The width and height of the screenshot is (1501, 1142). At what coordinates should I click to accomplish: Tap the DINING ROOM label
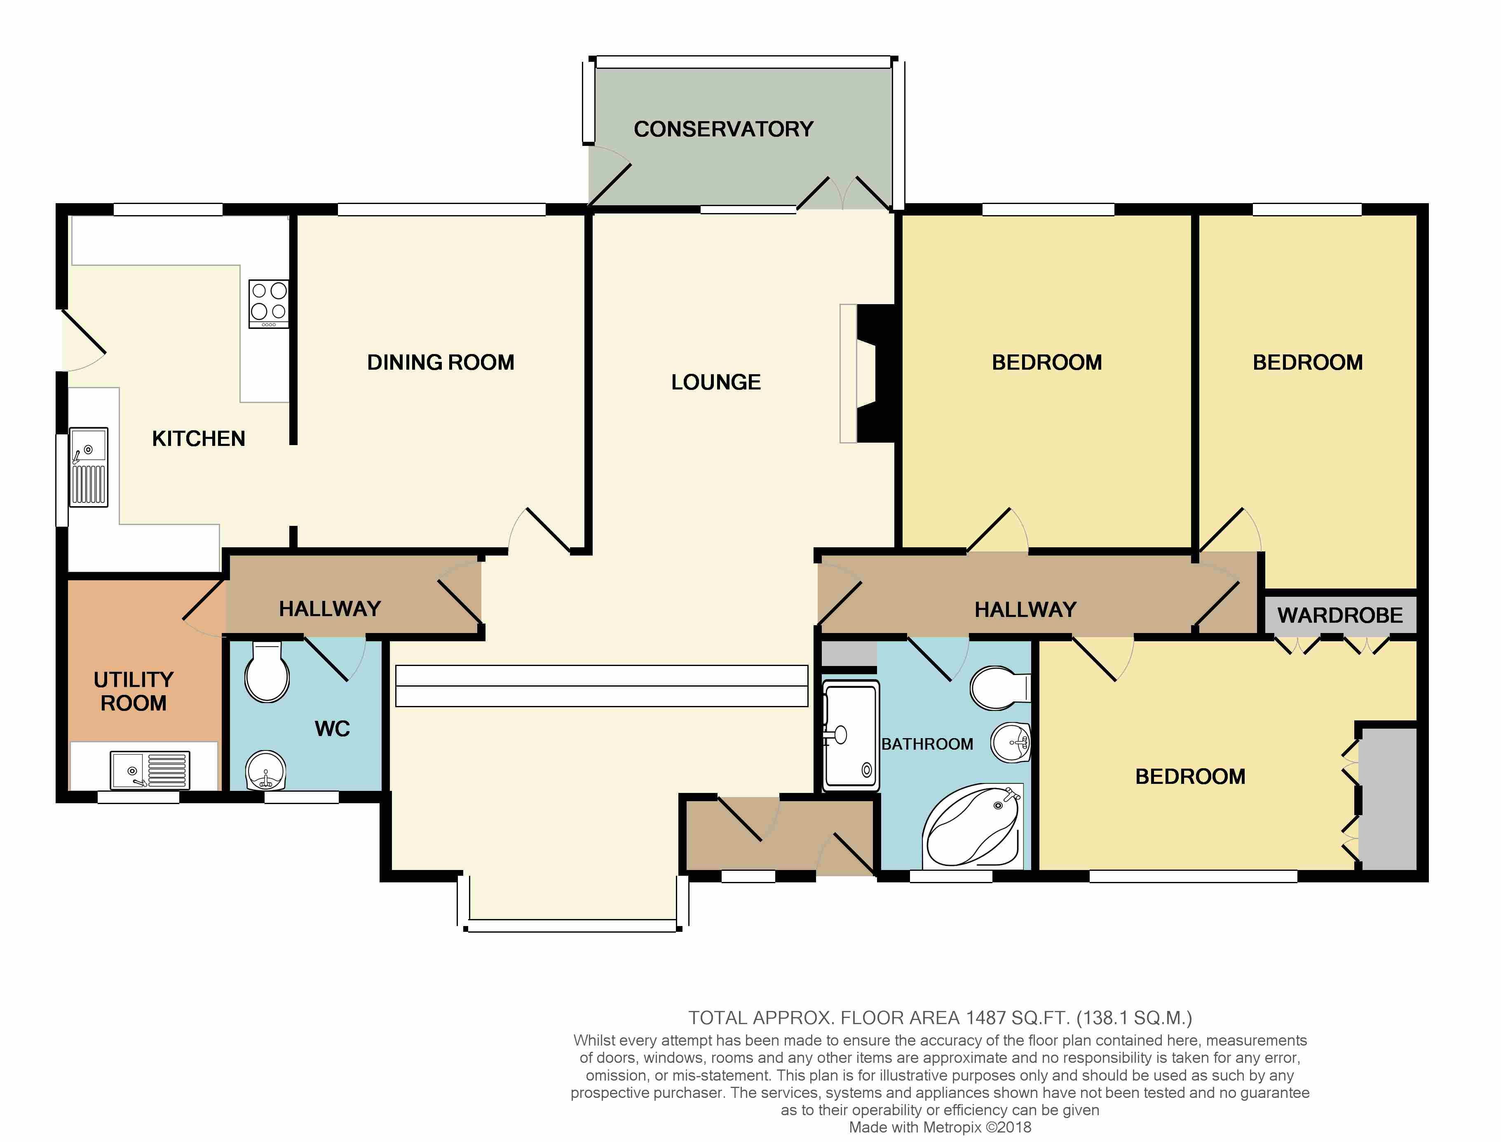(x=441, y=362)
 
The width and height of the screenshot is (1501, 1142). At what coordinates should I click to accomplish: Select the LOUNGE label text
(x=716, y=382)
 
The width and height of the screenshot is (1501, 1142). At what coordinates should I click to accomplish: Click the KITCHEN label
(x=199, y=439)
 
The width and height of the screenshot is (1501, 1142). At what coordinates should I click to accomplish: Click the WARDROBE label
(x=1340, y=615)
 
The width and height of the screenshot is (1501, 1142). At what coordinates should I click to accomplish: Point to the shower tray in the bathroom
(x=850, y=736)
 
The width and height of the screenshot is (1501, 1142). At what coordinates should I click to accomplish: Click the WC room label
(x=333, y=729)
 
